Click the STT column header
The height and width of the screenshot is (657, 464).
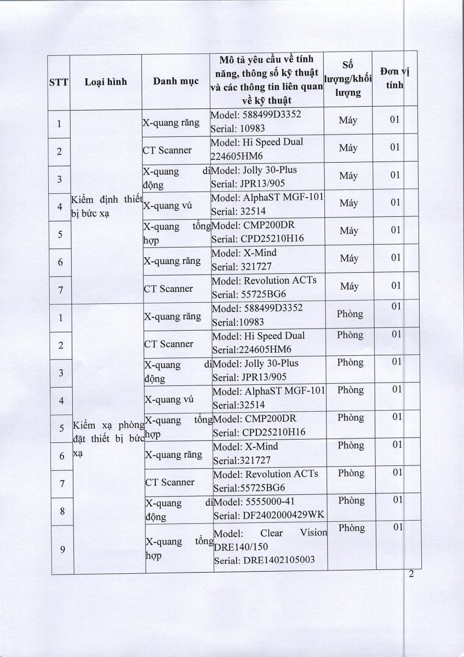coord(58,82)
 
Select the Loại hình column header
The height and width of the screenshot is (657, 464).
coord(106,82)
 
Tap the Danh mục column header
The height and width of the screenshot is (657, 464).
coord(175,82)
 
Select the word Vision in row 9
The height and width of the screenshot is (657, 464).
coord(313,533)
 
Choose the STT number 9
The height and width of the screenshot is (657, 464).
coord(62,550)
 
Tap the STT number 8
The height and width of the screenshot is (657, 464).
coord(62,511)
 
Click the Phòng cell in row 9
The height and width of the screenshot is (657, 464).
coord(351,528)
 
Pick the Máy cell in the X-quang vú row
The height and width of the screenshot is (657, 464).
coord(348,203)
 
